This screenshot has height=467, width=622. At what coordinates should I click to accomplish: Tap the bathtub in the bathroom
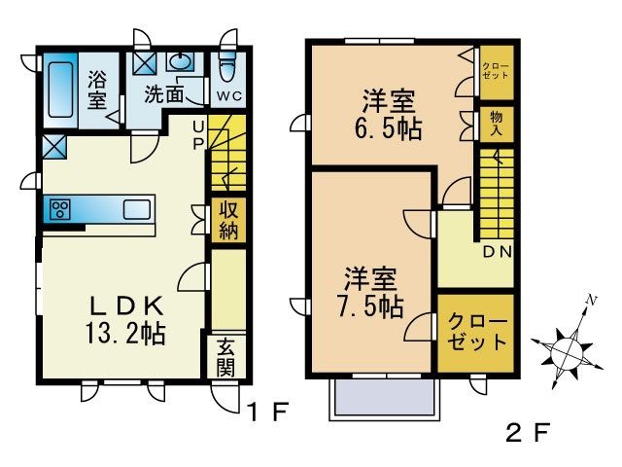click(x=61, y=90)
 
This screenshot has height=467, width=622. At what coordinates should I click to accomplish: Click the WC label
click(x=229, y=95)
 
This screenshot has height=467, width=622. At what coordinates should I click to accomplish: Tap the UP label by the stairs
click(x=197, y=133)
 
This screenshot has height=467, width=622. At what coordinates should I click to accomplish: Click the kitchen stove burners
click(x=59, y=209)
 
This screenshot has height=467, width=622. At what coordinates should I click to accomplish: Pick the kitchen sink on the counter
click(x=136, y=209)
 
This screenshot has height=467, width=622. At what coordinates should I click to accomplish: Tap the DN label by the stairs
click(x=498, y=252)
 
